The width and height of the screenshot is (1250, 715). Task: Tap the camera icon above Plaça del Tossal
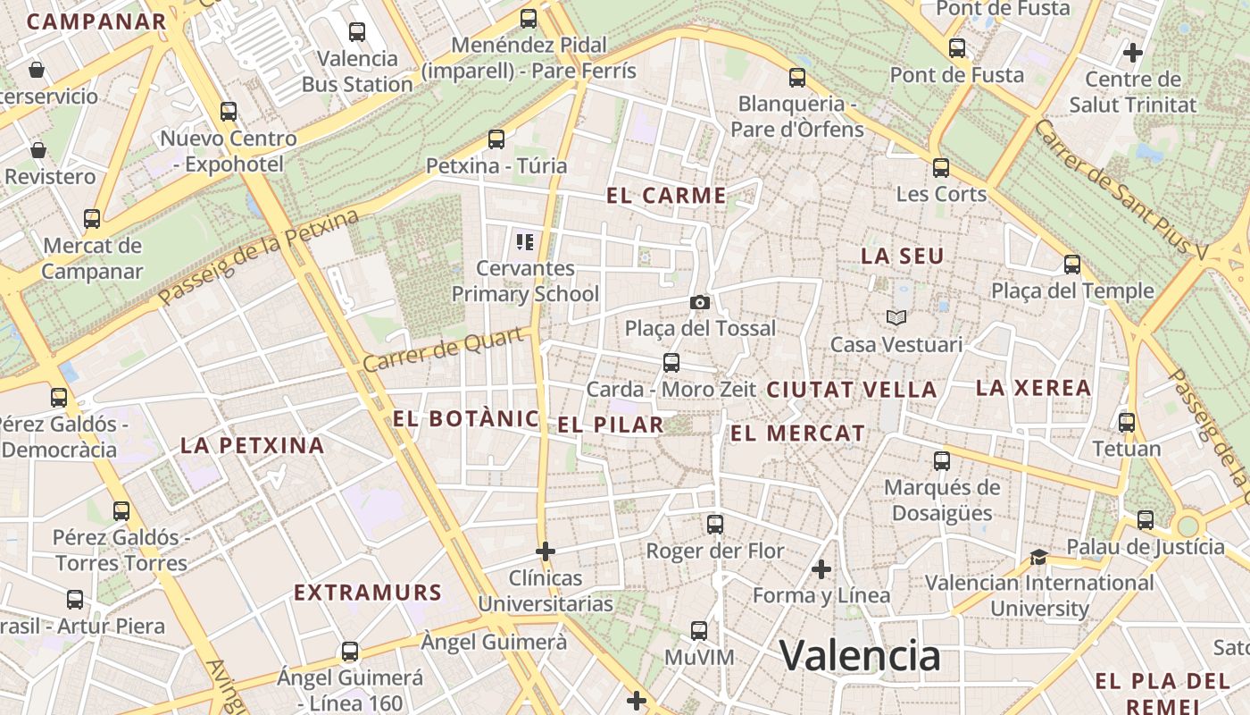pos(700,302)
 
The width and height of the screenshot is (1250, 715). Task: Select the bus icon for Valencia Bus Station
pos(357,32)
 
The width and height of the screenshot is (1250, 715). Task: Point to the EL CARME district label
pos(666,196)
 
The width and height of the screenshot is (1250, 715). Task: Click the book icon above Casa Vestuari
pos(896,317)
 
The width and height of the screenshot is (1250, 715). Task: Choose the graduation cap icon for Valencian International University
pos(1038,557)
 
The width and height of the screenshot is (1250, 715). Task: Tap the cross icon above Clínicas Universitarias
pos(545,551)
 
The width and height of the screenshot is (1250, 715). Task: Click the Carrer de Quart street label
pos(443,350)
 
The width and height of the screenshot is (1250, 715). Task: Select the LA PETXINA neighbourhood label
pos(252,445)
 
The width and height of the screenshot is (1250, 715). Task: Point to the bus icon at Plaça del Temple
pos(1072,265)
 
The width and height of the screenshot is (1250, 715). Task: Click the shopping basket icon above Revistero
pos(38,149)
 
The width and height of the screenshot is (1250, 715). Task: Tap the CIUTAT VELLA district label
pos(852,390)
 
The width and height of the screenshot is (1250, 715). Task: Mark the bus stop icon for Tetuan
pos(1127,423)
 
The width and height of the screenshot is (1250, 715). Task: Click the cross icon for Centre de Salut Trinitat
pos(1133,53)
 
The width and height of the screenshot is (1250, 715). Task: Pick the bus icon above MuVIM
pos(699,631)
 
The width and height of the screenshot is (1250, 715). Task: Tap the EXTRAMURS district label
pos(368,592)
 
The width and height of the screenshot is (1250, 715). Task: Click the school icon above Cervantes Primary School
pos(525,241)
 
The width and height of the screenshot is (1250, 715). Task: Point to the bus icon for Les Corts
pos(941,168)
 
